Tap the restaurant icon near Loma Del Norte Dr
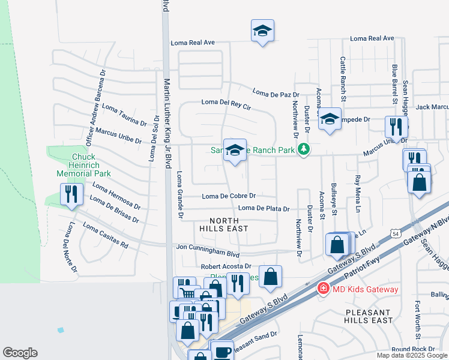71,194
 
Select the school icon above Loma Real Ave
262,31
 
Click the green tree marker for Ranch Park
304,149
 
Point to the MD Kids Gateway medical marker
323,289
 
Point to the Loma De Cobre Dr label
229,196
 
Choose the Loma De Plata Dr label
264,208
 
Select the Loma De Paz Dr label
276,93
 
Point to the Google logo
20,353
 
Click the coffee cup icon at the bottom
223,351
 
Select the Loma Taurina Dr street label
124,115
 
